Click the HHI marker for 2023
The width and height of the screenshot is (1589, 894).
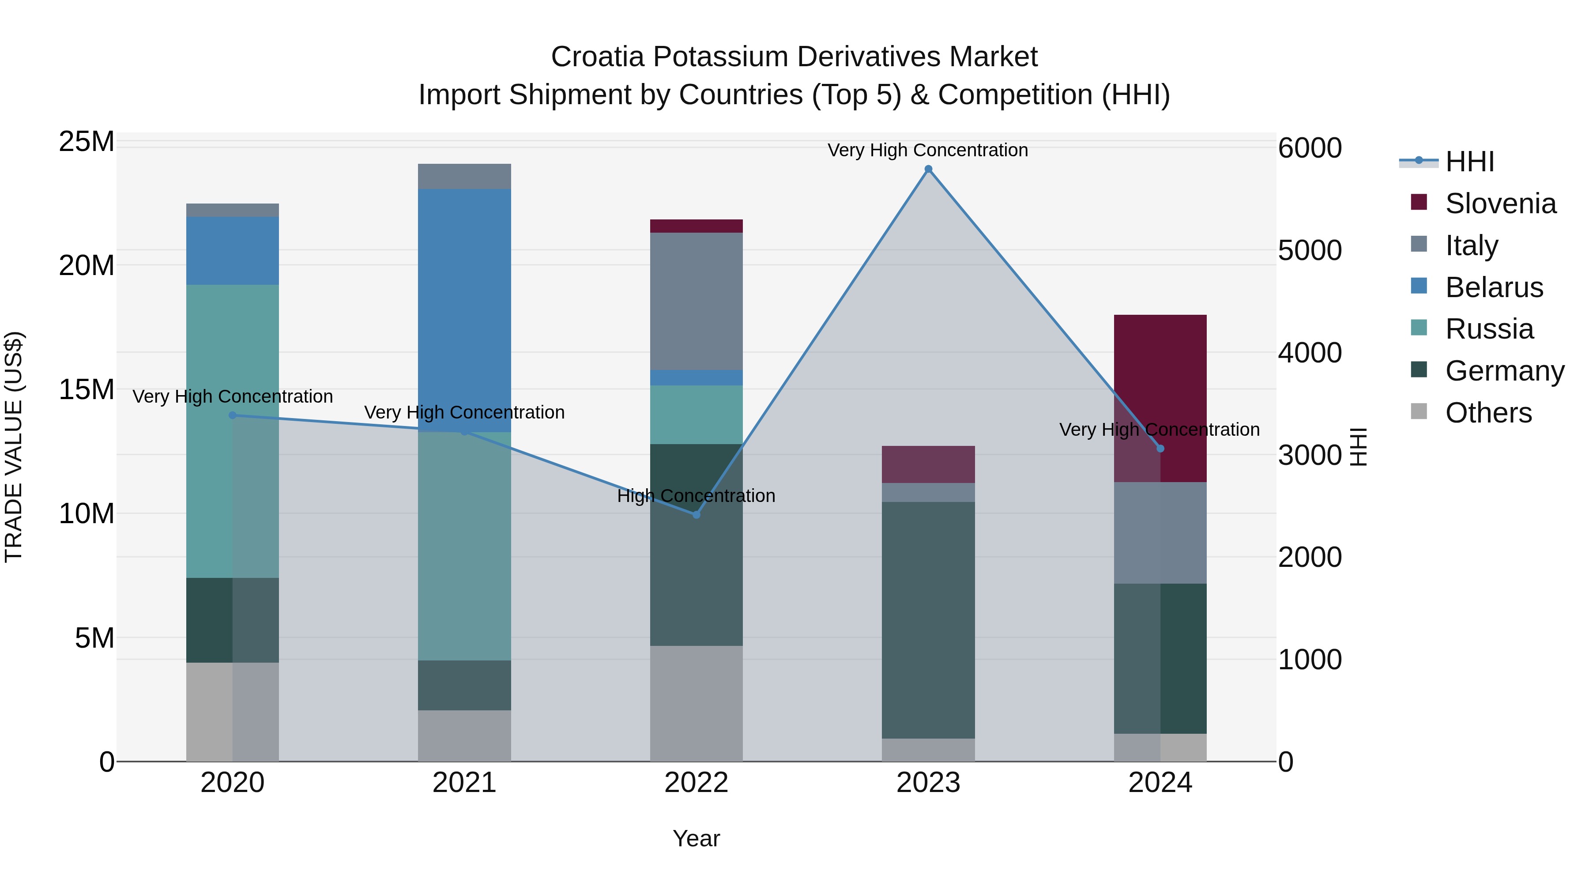[x=928, y=169]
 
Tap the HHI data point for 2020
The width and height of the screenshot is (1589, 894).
[x=233, y=415]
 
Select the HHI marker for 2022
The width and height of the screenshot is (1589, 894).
[x=697, y=515]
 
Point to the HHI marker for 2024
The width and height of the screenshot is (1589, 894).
[x=1160, y=449]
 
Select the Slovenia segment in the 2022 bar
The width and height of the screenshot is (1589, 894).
[x=697, y=226]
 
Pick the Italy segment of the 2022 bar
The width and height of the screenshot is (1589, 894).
[x=697, y=301]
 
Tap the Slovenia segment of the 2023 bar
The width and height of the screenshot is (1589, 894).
[x=928, y=464]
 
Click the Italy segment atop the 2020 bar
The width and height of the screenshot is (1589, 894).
[x=233, y=210]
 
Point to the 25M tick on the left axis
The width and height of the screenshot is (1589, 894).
[x=87, y=142]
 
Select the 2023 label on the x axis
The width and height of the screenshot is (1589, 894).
[x=928, y=783]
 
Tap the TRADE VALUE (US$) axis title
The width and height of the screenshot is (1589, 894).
[x=14, y=447]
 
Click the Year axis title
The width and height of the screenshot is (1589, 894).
[x=697, y=838]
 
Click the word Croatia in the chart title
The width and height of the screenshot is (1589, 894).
[x=598, y=57]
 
